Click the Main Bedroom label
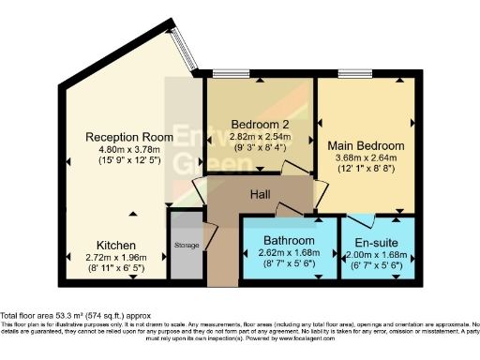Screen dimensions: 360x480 (x=366, y=145)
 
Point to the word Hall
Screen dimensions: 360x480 (x=262, y=194)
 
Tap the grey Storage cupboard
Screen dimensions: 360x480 (x=186, y=246)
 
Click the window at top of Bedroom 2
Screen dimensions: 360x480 (x=225, y=74)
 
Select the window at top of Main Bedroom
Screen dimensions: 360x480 (x=353, y=74)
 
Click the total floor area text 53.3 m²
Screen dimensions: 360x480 (x=76, y=317)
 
